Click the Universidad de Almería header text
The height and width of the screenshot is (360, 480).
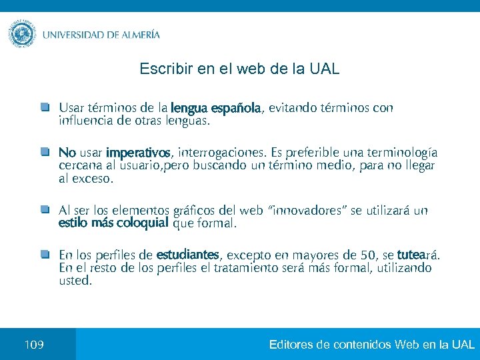click(x=101, y=35)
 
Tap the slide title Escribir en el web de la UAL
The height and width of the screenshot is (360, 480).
click(x=239, y=69)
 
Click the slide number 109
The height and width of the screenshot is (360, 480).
click(x=33, y=345)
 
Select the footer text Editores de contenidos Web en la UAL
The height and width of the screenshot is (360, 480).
click(x=371, y=345)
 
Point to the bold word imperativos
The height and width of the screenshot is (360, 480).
click(x=138, y=152)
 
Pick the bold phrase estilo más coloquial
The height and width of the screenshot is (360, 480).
click(x=113, y=223)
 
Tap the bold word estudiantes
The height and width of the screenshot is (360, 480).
click(x=187, y=255)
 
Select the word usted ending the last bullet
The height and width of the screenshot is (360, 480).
click(x=74, y=281)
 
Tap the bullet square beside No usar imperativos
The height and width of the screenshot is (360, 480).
click(x=44, y=152)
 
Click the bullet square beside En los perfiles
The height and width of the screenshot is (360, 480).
click(x=44, y=255)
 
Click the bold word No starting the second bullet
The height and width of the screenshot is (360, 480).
click(x=67, y=152)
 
